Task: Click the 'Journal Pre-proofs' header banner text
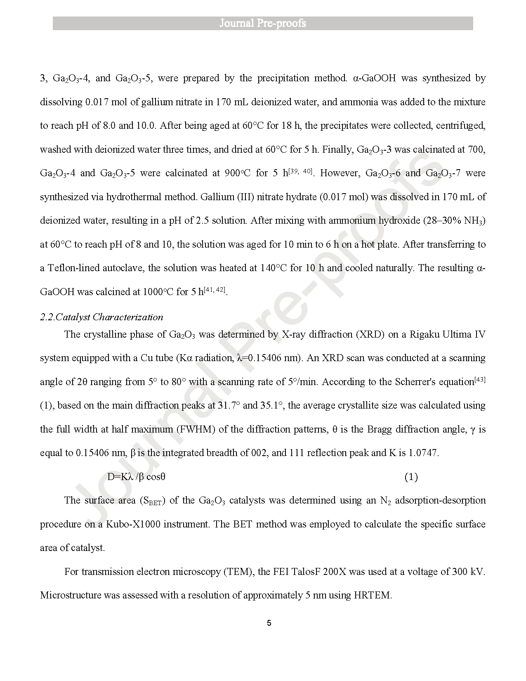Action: pyautogui.click(x=262, y=23)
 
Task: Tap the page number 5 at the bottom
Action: pyautogui.click(x=269, y=623)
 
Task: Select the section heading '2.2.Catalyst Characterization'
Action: pyautogui.click(x=101, y=317)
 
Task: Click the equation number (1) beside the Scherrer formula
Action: pyautogui.click(x=410, y=477)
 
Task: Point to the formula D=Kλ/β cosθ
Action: pyautogui.click(x=136, y=477)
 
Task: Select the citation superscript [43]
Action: pyautogui.click(x=480, y=380)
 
